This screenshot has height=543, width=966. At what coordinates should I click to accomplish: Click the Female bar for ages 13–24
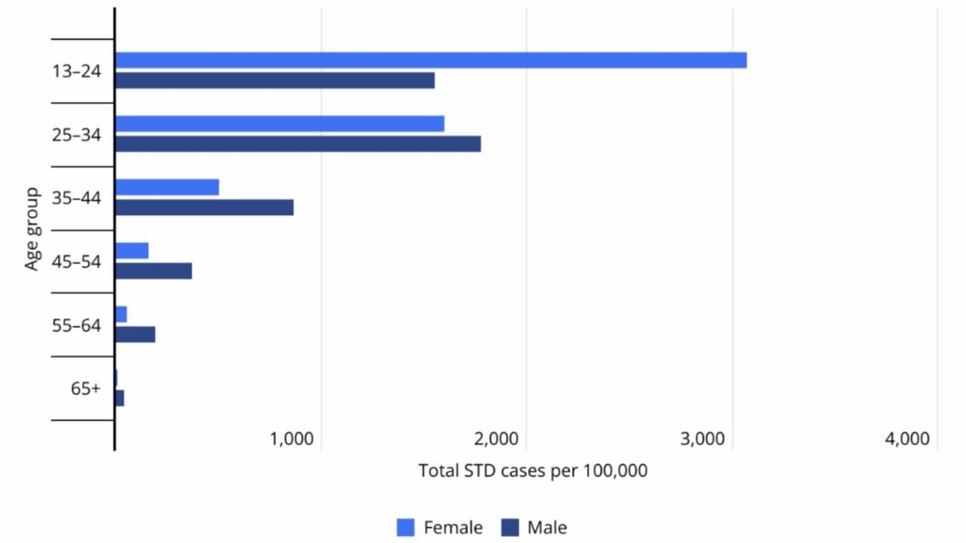(430, 60)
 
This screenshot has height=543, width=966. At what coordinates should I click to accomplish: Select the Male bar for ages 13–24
(275, 80)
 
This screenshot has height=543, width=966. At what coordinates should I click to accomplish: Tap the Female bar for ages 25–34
(280, 124)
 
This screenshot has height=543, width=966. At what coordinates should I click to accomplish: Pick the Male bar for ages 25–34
(297, 144)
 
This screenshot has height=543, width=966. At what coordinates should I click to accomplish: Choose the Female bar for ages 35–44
(167, 187)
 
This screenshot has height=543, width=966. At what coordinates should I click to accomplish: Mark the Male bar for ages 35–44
(204, 208)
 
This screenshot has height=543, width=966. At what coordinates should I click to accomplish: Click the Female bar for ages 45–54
(132, 251)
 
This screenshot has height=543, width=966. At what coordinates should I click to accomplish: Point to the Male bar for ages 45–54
(153, 271)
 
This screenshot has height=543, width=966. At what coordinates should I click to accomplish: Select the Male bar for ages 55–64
(136, 335)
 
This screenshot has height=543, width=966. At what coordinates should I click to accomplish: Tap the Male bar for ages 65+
(119, 398)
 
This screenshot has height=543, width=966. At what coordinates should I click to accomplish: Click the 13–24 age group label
(75, 71)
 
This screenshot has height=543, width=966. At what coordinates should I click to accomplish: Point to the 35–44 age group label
(75, 198)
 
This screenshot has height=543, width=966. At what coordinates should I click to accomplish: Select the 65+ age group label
(86, 389)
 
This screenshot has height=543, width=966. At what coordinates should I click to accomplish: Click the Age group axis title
(32, 230)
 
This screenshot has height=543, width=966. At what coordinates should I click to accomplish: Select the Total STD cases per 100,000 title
(533, 471)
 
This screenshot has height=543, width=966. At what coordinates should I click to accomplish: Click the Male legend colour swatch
(510, 528)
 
